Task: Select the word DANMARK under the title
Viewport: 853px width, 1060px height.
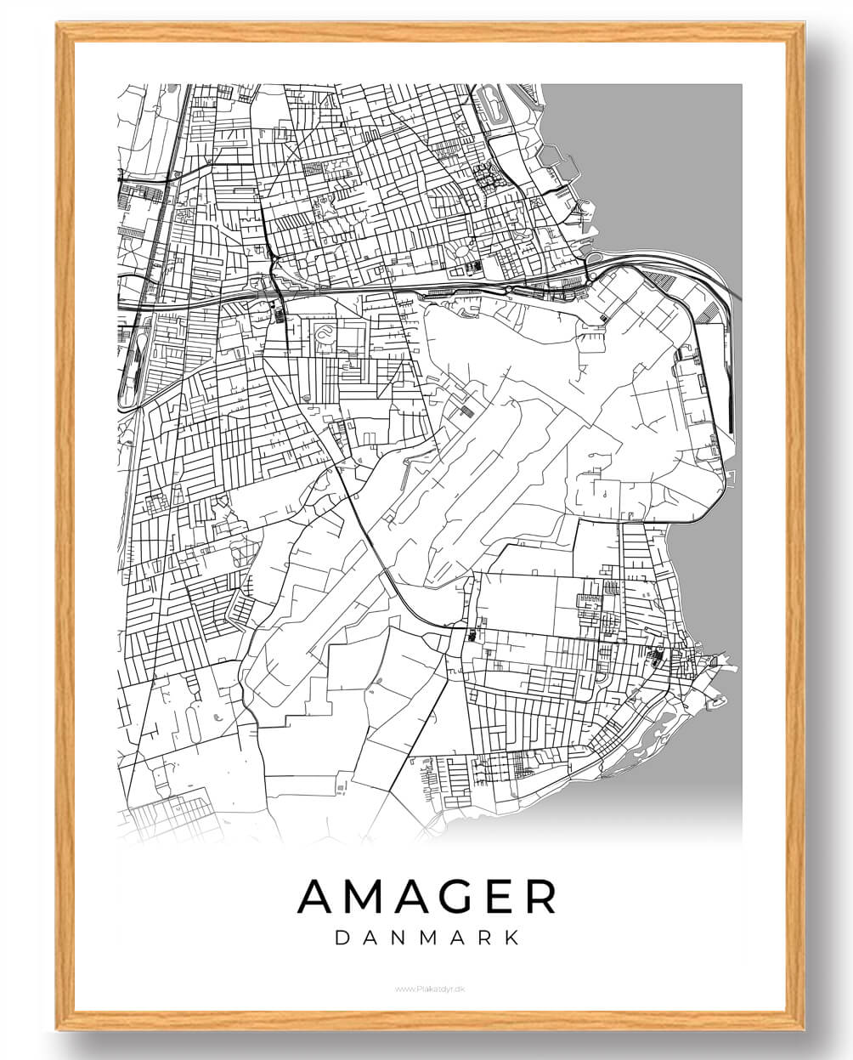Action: coord(427,938)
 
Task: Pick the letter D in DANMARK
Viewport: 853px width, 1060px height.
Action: coord(343,938)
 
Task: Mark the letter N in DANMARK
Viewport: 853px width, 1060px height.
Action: coord(399,938)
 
